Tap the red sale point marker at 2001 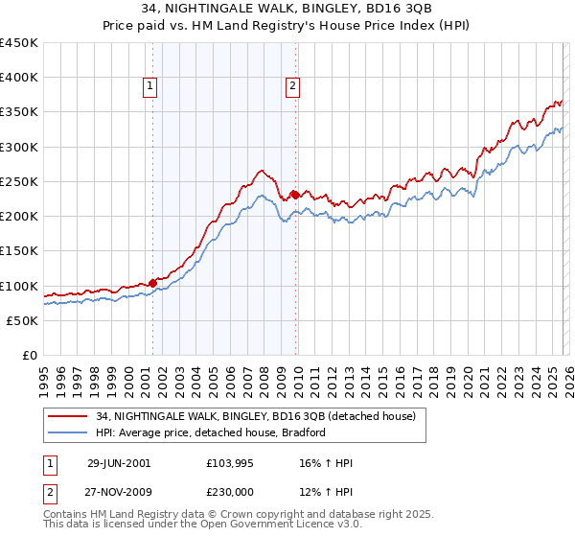tap(153, 283)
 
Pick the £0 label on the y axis tap(29, 355)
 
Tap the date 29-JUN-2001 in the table tap(118, 463)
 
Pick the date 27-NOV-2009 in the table tap(119, 492)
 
